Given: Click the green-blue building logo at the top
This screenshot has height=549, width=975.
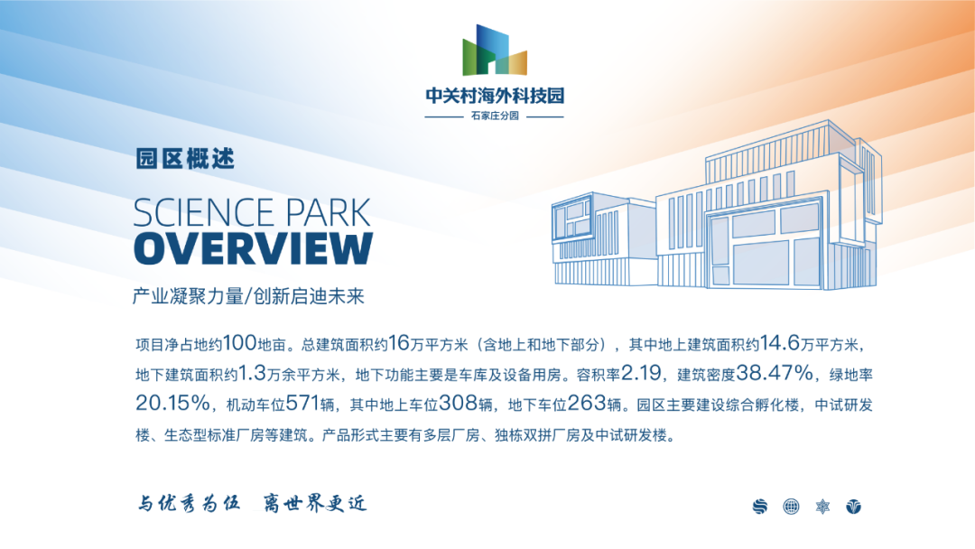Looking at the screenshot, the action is point(495,50).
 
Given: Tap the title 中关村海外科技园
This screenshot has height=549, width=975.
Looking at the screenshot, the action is point(495,95).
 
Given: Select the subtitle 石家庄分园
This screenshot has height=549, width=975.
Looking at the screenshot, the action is point(495,116).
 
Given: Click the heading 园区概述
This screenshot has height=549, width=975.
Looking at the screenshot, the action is point(185,159).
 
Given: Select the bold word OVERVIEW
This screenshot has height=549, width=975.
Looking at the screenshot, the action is point(253,248).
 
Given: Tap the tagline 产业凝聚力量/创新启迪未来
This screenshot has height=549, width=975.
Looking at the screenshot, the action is point(248,296).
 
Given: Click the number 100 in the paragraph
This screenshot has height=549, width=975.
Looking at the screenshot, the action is point(239,342).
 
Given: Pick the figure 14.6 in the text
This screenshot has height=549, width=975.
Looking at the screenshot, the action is point(780,342).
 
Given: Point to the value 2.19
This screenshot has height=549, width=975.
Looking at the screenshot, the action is point(641,373).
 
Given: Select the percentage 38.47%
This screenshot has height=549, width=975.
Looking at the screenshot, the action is point(775,373).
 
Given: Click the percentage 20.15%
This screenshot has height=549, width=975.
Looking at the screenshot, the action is point(172,404).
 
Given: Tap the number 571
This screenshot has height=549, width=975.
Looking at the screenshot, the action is point(302,404).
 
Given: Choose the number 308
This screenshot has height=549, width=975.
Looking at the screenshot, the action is point(459,404).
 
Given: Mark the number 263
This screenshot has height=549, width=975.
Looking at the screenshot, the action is point(587,404).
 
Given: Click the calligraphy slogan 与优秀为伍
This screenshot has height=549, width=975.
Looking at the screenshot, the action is point(189,502).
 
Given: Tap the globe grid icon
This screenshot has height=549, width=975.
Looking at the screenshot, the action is point(791,507).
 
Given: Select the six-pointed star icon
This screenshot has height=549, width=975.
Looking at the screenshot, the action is point(822,507).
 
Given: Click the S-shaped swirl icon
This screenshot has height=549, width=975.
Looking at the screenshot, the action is point(760,507).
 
